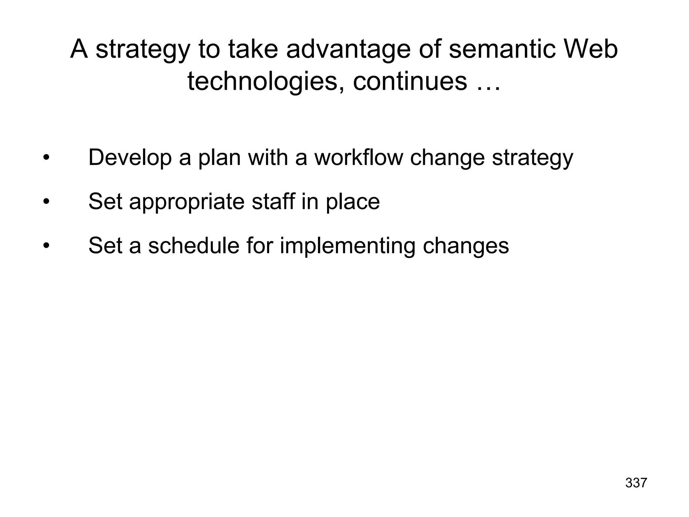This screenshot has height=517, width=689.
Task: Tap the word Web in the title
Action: (x=590, y=49)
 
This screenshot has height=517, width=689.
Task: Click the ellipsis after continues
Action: (x=488, y=82)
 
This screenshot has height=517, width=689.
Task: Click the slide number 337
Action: (x=636, y=483)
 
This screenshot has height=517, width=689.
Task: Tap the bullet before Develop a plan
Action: (x=46, y=158)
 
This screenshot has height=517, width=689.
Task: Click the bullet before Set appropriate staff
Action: (x=46, y=202)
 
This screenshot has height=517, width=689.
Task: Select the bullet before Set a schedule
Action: (x=46, y=246)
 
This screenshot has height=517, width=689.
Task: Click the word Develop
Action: (x=130, y=157)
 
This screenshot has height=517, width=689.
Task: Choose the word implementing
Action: (x=348, y=246)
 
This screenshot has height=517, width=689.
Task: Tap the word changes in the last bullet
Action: (x=466, y=246)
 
